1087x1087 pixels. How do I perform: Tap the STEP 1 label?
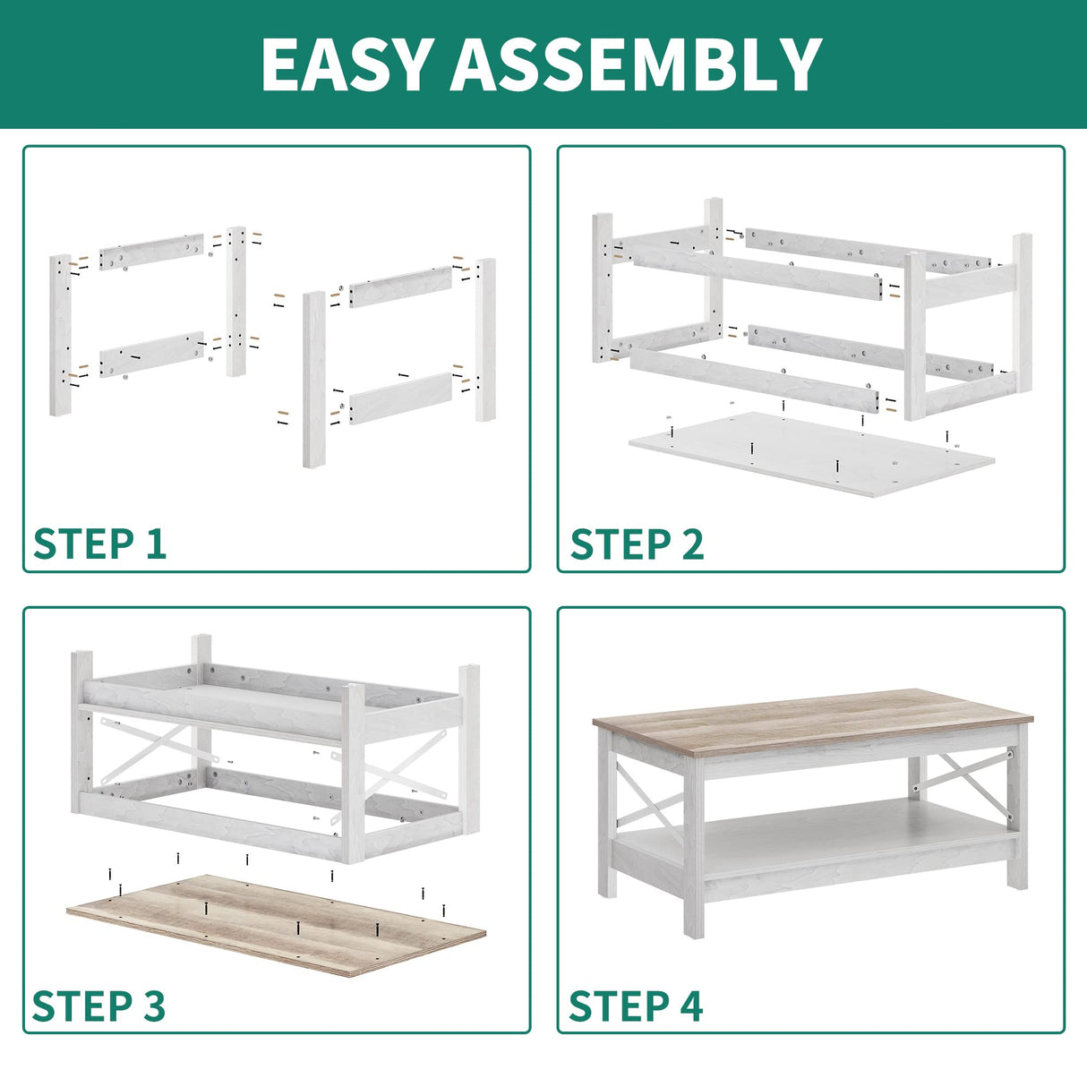click(99, 543)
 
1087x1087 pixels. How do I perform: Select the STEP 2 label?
click(637, 543)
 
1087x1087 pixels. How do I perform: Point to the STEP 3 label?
click(99, 1006)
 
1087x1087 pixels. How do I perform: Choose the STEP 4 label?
click(636, 1006)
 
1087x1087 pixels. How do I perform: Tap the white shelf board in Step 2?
click(810, 452)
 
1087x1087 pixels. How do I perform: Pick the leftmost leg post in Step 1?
click(60, 334)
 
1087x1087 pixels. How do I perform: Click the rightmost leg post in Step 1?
click(485, 340)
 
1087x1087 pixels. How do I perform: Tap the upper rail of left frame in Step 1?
click(150, 252)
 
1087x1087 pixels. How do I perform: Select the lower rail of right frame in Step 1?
click(399, 398)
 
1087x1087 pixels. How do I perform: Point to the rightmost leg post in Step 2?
click(1022, 313)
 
